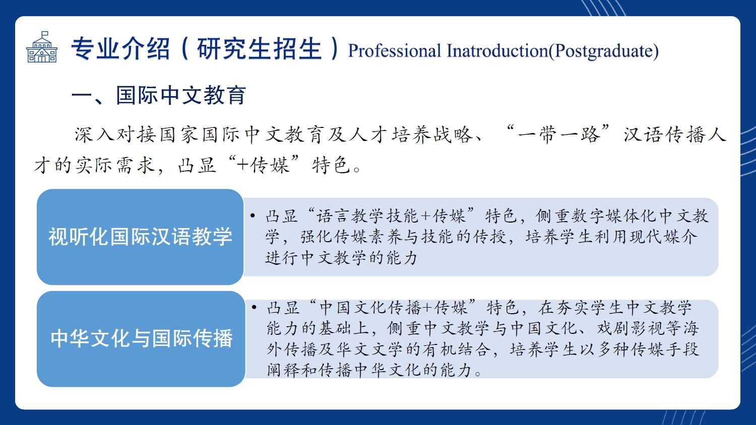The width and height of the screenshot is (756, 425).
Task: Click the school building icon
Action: tap(42, 47)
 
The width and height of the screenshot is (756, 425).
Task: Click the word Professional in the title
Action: tap(394, 51)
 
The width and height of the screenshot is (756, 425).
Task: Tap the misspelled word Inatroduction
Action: tap(497, 50)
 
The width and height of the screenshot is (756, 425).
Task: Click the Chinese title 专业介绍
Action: tap(120, 48)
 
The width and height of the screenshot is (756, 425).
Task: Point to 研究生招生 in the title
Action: tap(259, 48)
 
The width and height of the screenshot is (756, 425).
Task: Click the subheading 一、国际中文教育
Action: tap(158, 95)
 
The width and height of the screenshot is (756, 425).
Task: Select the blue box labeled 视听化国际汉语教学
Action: tap(140, 237)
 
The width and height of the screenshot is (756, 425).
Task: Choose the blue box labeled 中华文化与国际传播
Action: tap(141, 339)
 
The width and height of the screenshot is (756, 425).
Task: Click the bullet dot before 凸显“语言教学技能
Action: tap(253, 216)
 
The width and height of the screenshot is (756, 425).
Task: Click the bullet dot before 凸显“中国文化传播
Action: tap(254, 307)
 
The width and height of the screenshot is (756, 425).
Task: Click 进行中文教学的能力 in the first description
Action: tap(341, 258)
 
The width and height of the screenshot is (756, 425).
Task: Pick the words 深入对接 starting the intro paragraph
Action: tap(115, 134)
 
